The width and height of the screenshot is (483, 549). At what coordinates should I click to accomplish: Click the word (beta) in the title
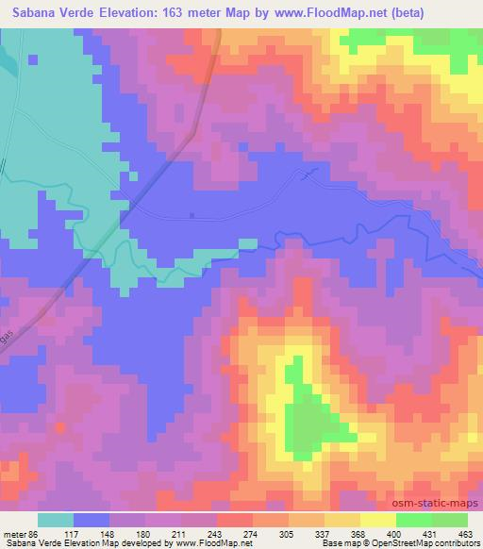tap(405, 13)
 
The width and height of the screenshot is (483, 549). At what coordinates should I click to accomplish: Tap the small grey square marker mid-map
tap(192, 215)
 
